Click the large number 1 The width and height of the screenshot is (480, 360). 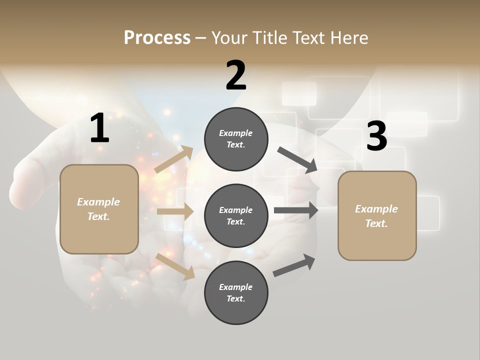tap(99, 128)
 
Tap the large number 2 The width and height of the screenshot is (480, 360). tap(236, 75)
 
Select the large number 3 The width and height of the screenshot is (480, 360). tap(376, 136)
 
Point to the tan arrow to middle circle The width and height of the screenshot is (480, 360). tap(174, 211)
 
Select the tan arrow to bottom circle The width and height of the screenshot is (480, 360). tap(175, 266)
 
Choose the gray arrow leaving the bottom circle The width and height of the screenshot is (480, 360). tap(294, 265)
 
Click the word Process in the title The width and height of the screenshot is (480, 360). tap(157, 38)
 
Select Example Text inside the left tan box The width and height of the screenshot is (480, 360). tap(98, 209)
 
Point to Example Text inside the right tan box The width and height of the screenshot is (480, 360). tap(376, 216)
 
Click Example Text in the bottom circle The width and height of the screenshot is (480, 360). tap(236, 292)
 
